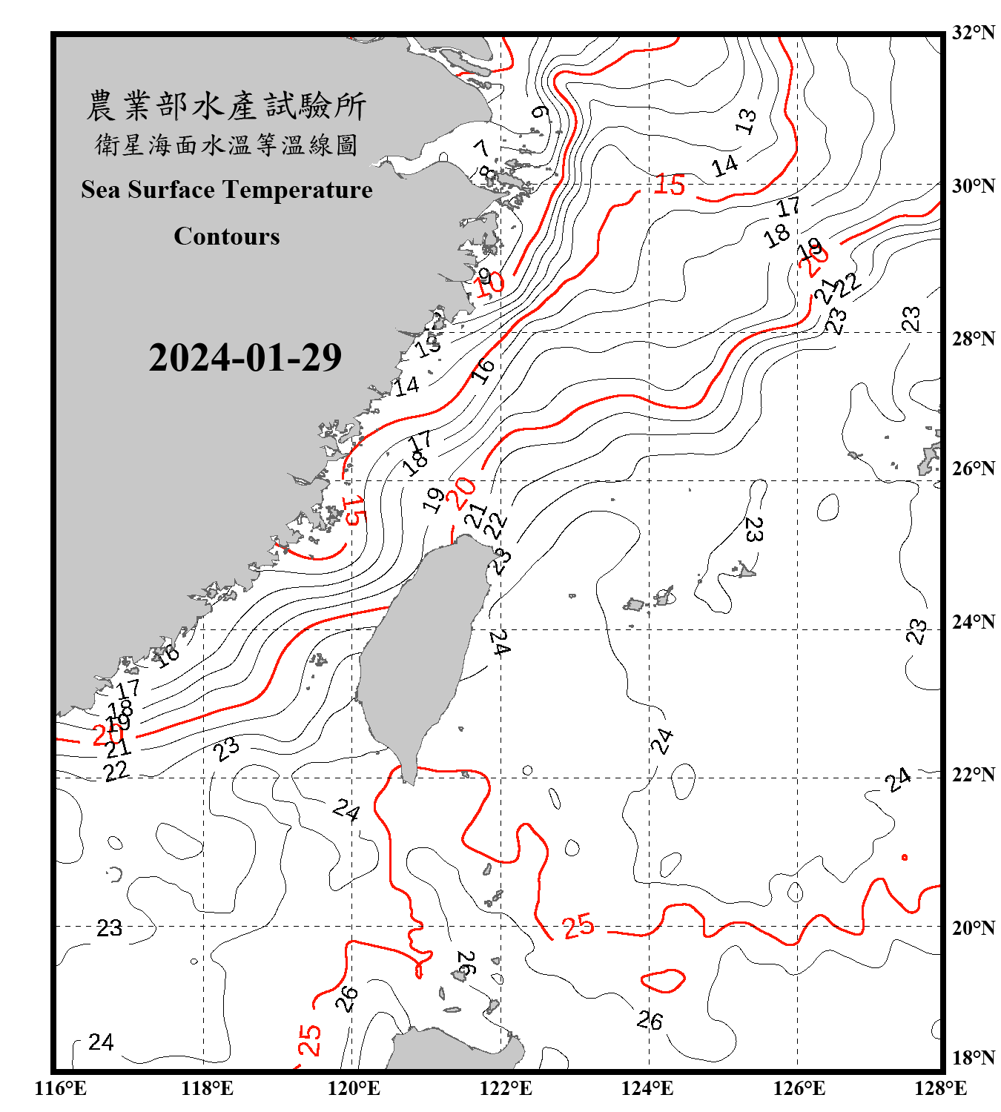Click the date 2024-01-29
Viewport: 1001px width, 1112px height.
click(x=245, y=358)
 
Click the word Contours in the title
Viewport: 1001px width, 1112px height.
click(x=227, y=236)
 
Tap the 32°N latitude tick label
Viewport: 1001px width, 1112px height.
click(x=973, y=33)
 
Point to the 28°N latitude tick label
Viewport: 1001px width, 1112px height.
click(x=973, y=339)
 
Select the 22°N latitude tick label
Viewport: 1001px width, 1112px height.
click(x=973, y=775)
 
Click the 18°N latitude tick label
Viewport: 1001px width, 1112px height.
click(x=973, y=1058)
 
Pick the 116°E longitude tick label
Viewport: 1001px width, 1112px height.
click(x=61, y=1088)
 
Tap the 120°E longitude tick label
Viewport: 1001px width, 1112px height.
click(x=354, y=1088)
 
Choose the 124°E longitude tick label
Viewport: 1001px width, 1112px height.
click(x=647, y=1088)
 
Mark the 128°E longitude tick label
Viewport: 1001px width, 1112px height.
click(x=940, y=1088)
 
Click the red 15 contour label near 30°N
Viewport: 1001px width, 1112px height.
click(x=669, y=185)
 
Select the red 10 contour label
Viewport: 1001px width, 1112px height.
click(x=489, y=284)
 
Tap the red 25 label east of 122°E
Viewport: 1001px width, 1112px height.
click(x=578, y=926)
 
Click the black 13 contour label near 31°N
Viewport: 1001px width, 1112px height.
click(x=747, y=121)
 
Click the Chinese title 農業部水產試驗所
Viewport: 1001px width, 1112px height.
click(x=226, y=106)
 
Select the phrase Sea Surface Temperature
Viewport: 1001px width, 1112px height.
click(x=227, y=190)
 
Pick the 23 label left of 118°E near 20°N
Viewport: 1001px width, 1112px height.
click(x=110, y=928)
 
